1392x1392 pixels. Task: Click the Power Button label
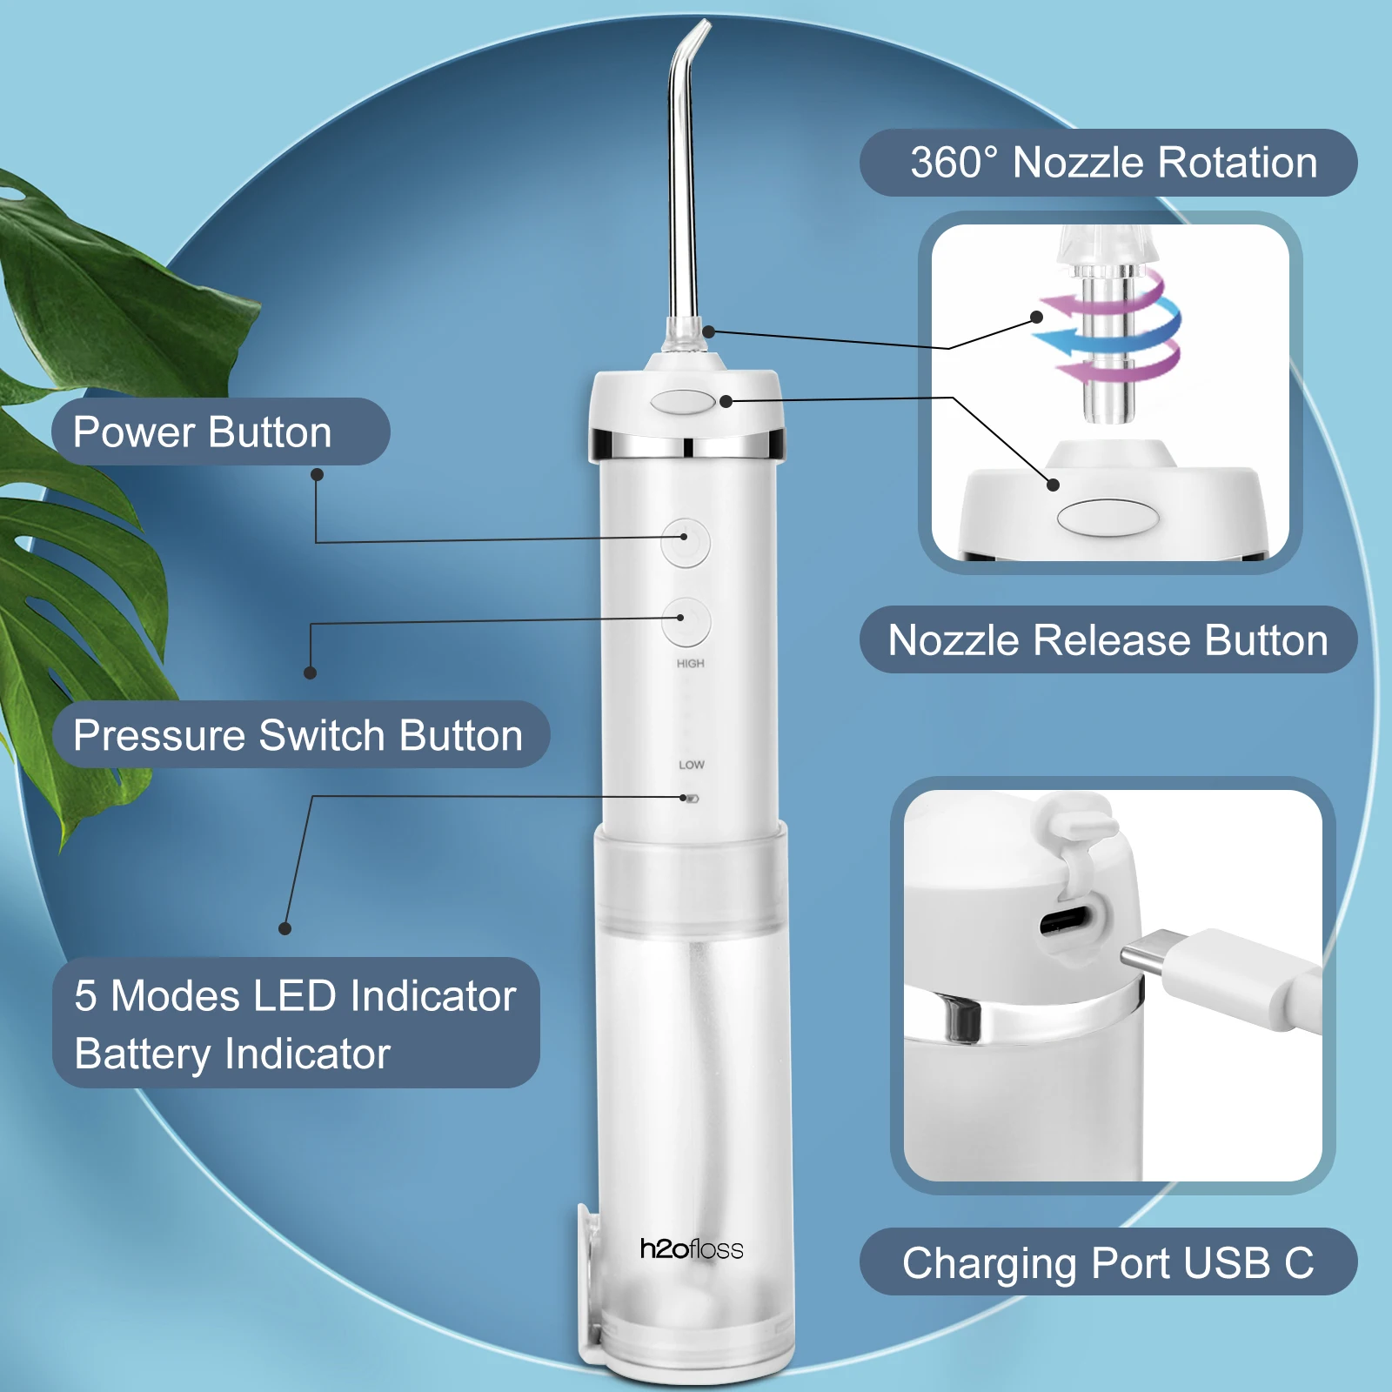[202, 432]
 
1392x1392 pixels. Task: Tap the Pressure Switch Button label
[298, 735]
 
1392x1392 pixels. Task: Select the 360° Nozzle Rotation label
[1113, 163]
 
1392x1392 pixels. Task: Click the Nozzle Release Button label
[1108, 640]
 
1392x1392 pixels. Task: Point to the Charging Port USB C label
[1108, 1263]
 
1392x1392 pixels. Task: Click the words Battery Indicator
[232, 1054]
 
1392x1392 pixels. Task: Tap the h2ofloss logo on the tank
[692, 1249]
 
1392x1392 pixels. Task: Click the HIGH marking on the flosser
[691, 664]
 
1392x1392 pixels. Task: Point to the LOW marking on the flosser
[692, 765]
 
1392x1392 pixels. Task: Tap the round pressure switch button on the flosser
[686, 621]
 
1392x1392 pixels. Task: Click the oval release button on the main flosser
[682, 402]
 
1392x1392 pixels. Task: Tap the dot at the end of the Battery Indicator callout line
[284, 928]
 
